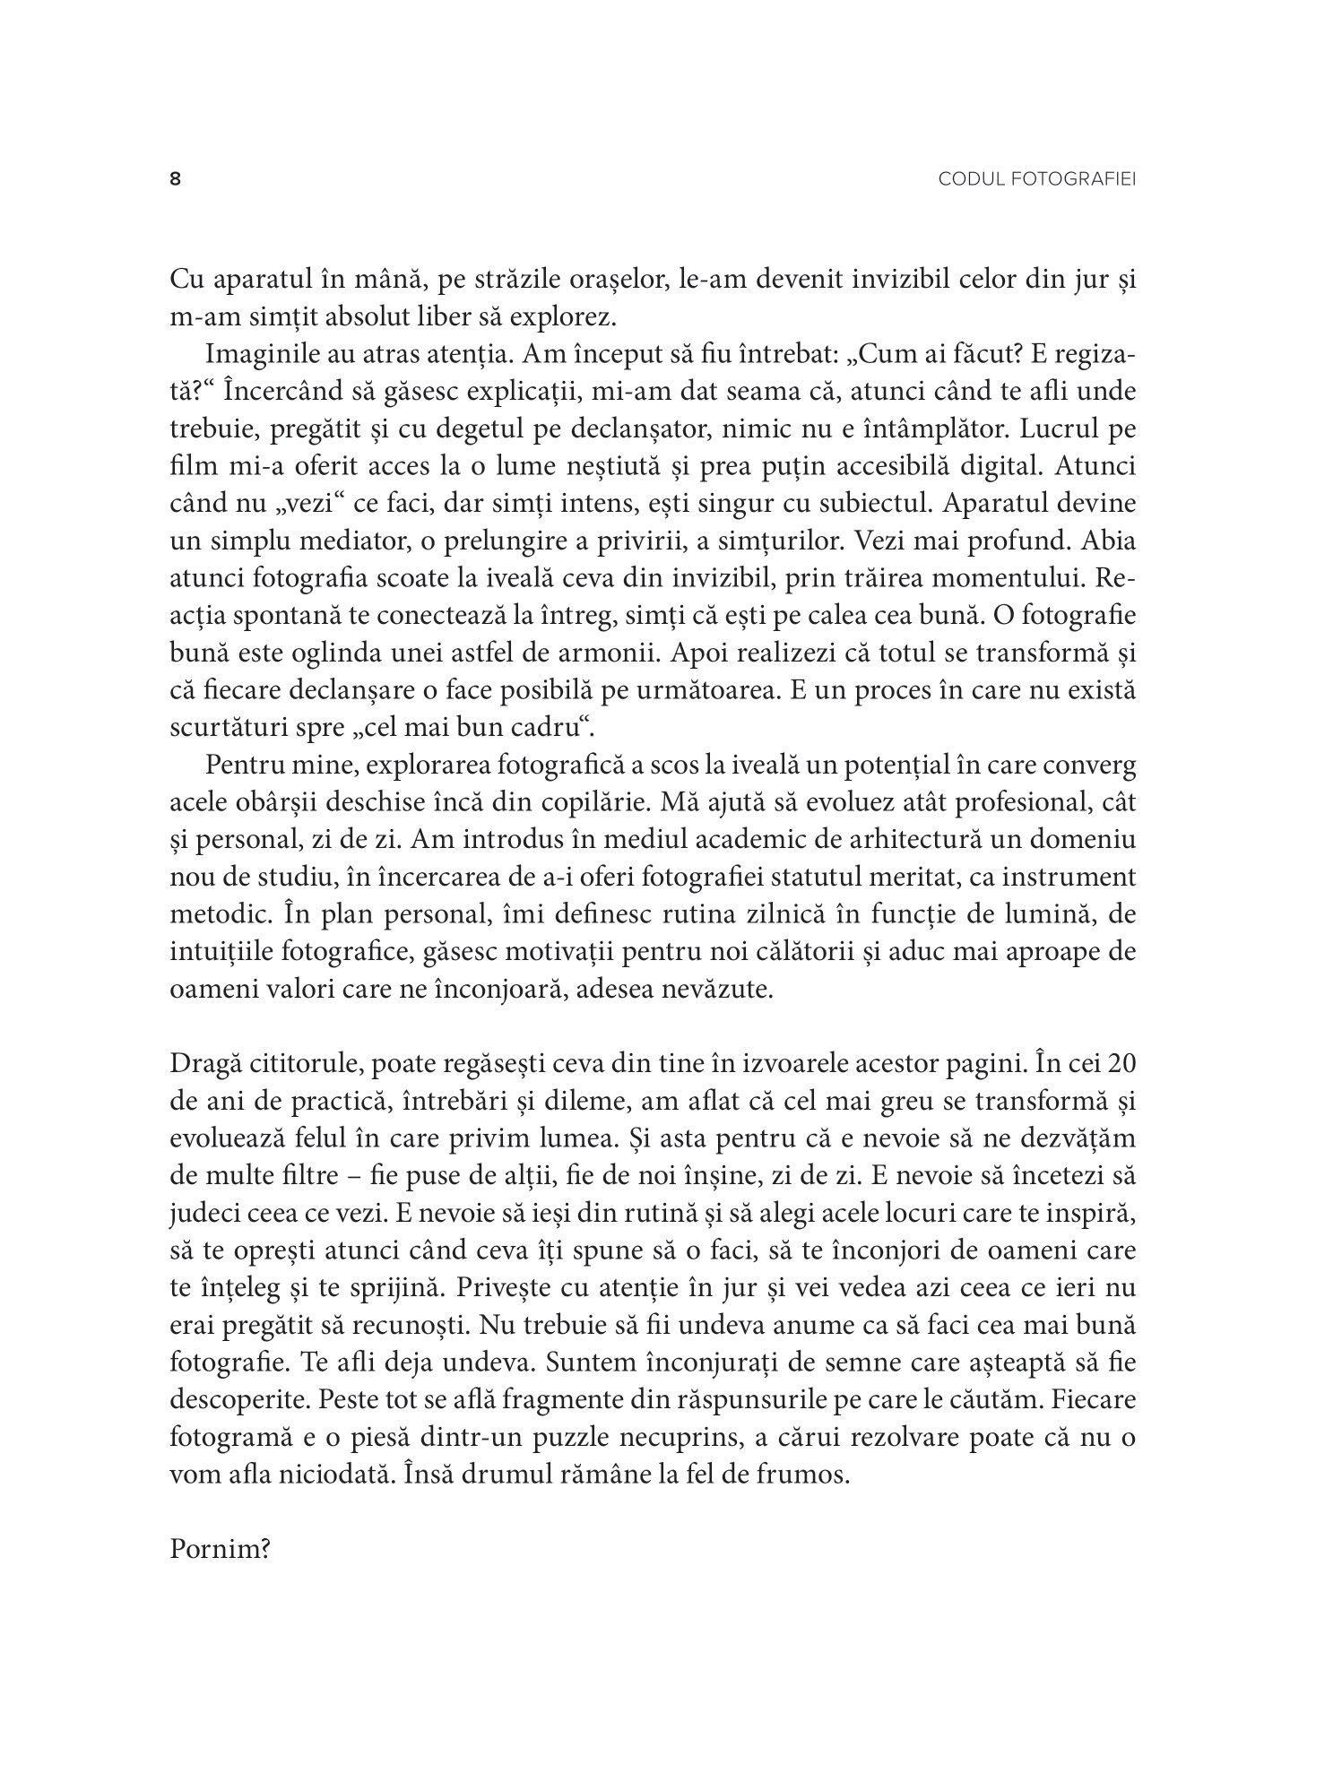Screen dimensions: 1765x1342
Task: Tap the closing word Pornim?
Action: tap(220, 1550)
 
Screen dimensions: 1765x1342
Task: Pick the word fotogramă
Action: tap(225, 1436)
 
